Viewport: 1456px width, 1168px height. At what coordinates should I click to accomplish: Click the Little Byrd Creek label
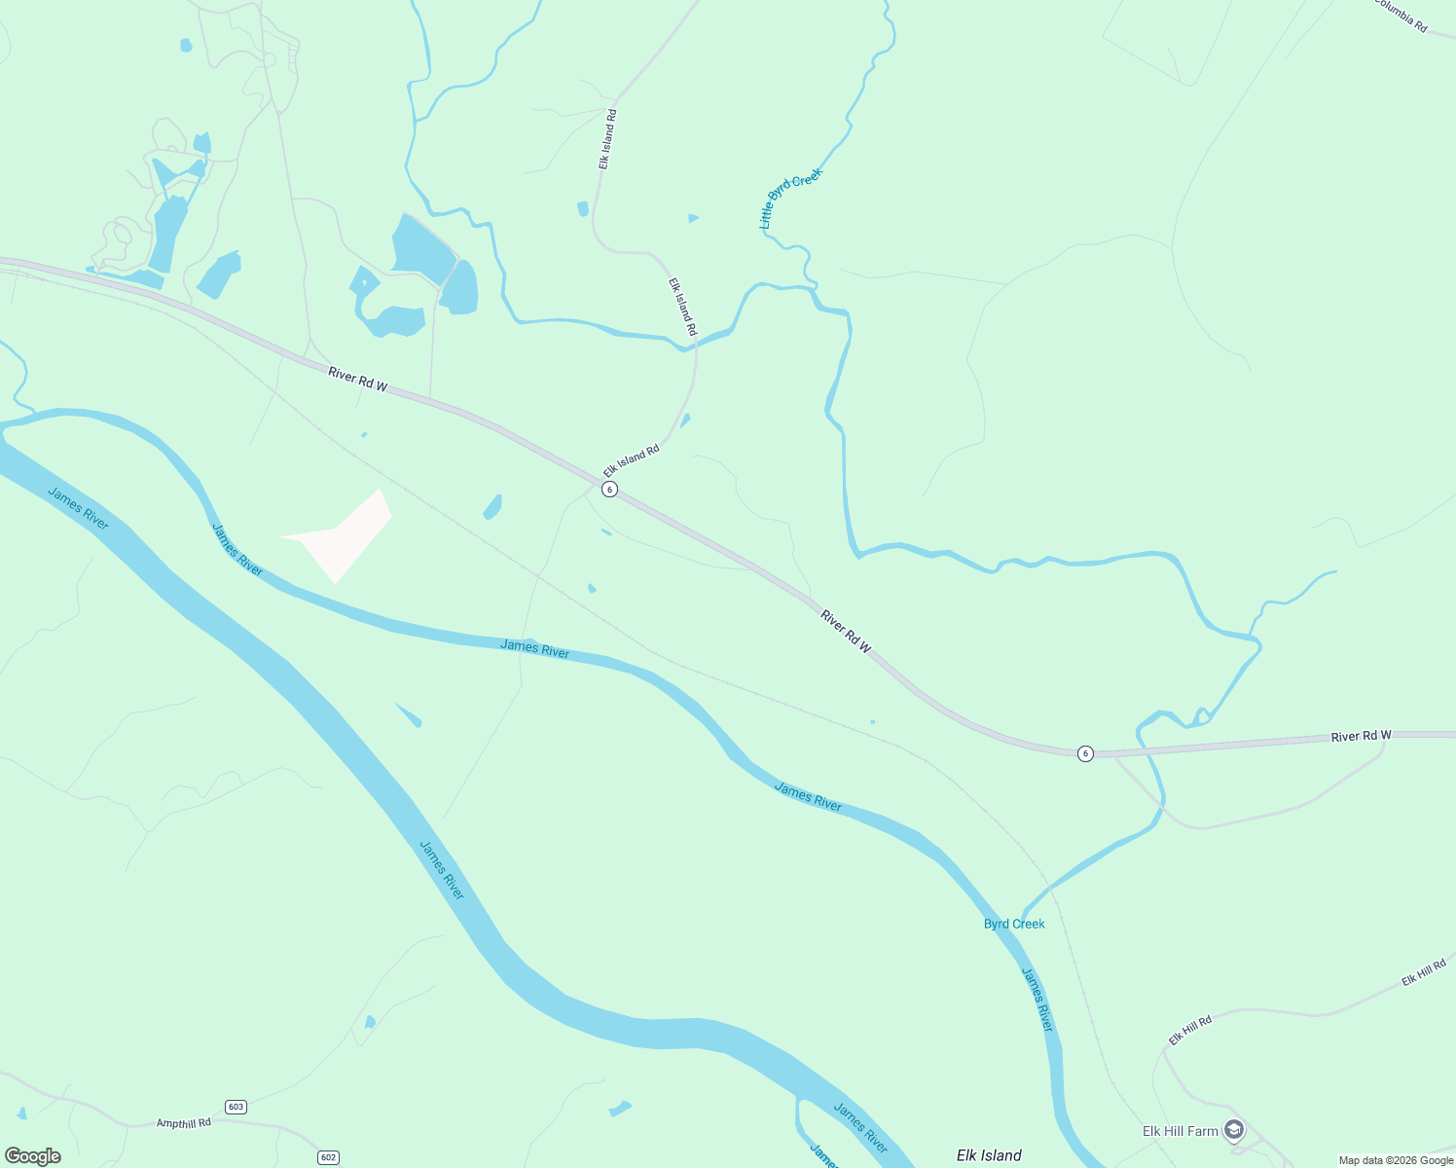pyautogui.click(x=790, y=198)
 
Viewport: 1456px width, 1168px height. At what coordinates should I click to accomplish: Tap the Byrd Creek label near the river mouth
pyautogui.click(x=1014, y=924)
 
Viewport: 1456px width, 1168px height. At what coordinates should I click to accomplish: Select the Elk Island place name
pyautogui.click(x=989, y=1155)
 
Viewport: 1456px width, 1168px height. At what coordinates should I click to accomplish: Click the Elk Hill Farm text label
pyautogui.click(x=1180, y=1131)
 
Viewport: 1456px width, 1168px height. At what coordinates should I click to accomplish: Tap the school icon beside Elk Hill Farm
pyautogui.click(x=1234, y=1130)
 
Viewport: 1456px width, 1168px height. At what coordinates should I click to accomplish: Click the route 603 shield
pyautogui.click(x=236, y=1107)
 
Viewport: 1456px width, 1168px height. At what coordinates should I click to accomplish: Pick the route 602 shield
pyautogui.click(x=328, y=1157)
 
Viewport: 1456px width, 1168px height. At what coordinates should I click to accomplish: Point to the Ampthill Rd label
pyautogui.click(x=184, y=1123)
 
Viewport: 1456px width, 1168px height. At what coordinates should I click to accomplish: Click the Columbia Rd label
pyautogui.click(x=1401, y=16)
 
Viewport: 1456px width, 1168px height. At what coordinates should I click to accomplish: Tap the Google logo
pyautogui.click(x=33, y=1156)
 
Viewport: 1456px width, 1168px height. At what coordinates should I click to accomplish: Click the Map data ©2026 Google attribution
pyautogui.click(x=1396, y=1160)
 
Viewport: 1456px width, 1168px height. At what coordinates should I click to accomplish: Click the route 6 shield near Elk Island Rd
pyautogui.click(x=609, y=489)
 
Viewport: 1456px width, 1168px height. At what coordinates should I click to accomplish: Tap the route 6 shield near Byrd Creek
pyautogui.click(x=1085, y=753)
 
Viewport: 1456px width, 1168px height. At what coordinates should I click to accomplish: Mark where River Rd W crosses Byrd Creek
pyautogui.click(x=1140, y=749)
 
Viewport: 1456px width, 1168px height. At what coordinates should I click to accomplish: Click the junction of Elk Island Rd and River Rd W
pyautogui.click(x=597, y=481)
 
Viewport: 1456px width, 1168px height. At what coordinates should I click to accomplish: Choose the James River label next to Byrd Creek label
pyautogui.click(x=1037, y=999)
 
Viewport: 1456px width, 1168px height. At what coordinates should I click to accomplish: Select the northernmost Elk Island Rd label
pyautogui.click(x=607, y=139)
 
